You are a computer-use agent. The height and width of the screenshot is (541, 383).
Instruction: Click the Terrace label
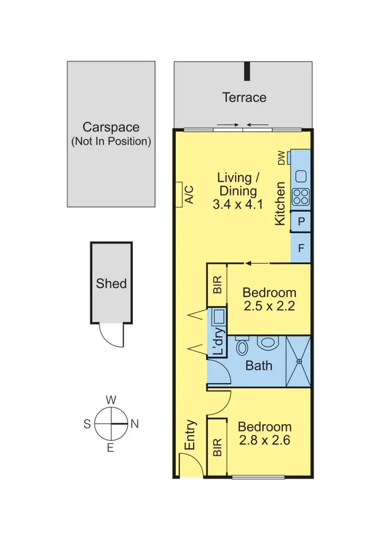[244, 97]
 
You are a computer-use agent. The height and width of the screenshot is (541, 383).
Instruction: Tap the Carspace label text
[111, 127]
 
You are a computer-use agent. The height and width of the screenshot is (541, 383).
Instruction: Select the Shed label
[111, 283]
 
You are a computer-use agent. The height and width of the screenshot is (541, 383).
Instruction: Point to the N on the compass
[135, 424]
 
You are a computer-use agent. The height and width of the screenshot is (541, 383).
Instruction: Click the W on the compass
[110, 400]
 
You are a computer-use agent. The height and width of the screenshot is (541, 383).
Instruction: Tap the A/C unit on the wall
[179, 194]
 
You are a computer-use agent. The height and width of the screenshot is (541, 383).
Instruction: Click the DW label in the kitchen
[281, 159]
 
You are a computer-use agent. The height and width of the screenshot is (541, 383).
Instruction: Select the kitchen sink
[300, 176]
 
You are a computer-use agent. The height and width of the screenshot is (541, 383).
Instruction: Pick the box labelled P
[301, 221]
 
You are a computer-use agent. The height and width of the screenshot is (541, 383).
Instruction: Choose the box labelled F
[301, 249]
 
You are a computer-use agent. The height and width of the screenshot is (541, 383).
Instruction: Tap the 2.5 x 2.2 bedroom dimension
[269, 307]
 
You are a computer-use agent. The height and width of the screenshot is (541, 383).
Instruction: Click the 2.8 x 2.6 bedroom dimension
[265, 440]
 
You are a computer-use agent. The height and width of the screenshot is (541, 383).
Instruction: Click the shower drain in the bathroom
[299, 361]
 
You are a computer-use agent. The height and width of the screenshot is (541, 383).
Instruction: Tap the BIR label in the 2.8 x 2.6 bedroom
[217, 448]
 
